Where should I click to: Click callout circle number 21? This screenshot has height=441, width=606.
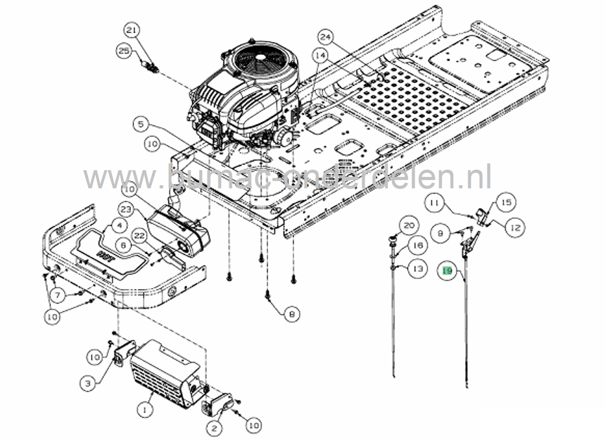pyautogui.click(x=131, y=32)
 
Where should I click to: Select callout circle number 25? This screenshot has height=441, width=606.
pyautogui.click(x=124, y=51)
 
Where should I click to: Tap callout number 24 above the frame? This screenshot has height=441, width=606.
pyautogui.click(x=325, y=37)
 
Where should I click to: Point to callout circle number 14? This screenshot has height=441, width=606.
pyautogui.click(x=320, y=54)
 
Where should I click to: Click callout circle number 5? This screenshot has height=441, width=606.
pyautogui.click(x=141, y=124)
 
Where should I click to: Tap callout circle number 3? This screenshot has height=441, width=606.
pyautogui.click(x=88, y=383)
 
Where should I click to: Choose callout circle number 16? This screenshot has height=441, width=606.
pyautogui.click(x=417, y=245)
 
